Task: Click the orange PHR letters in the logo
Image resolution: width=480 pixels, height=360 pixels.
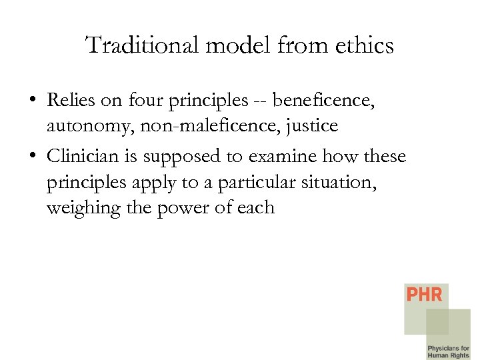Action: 424,294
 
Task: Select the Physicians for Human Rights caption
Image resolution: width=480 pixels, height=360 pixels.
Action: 448,351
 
